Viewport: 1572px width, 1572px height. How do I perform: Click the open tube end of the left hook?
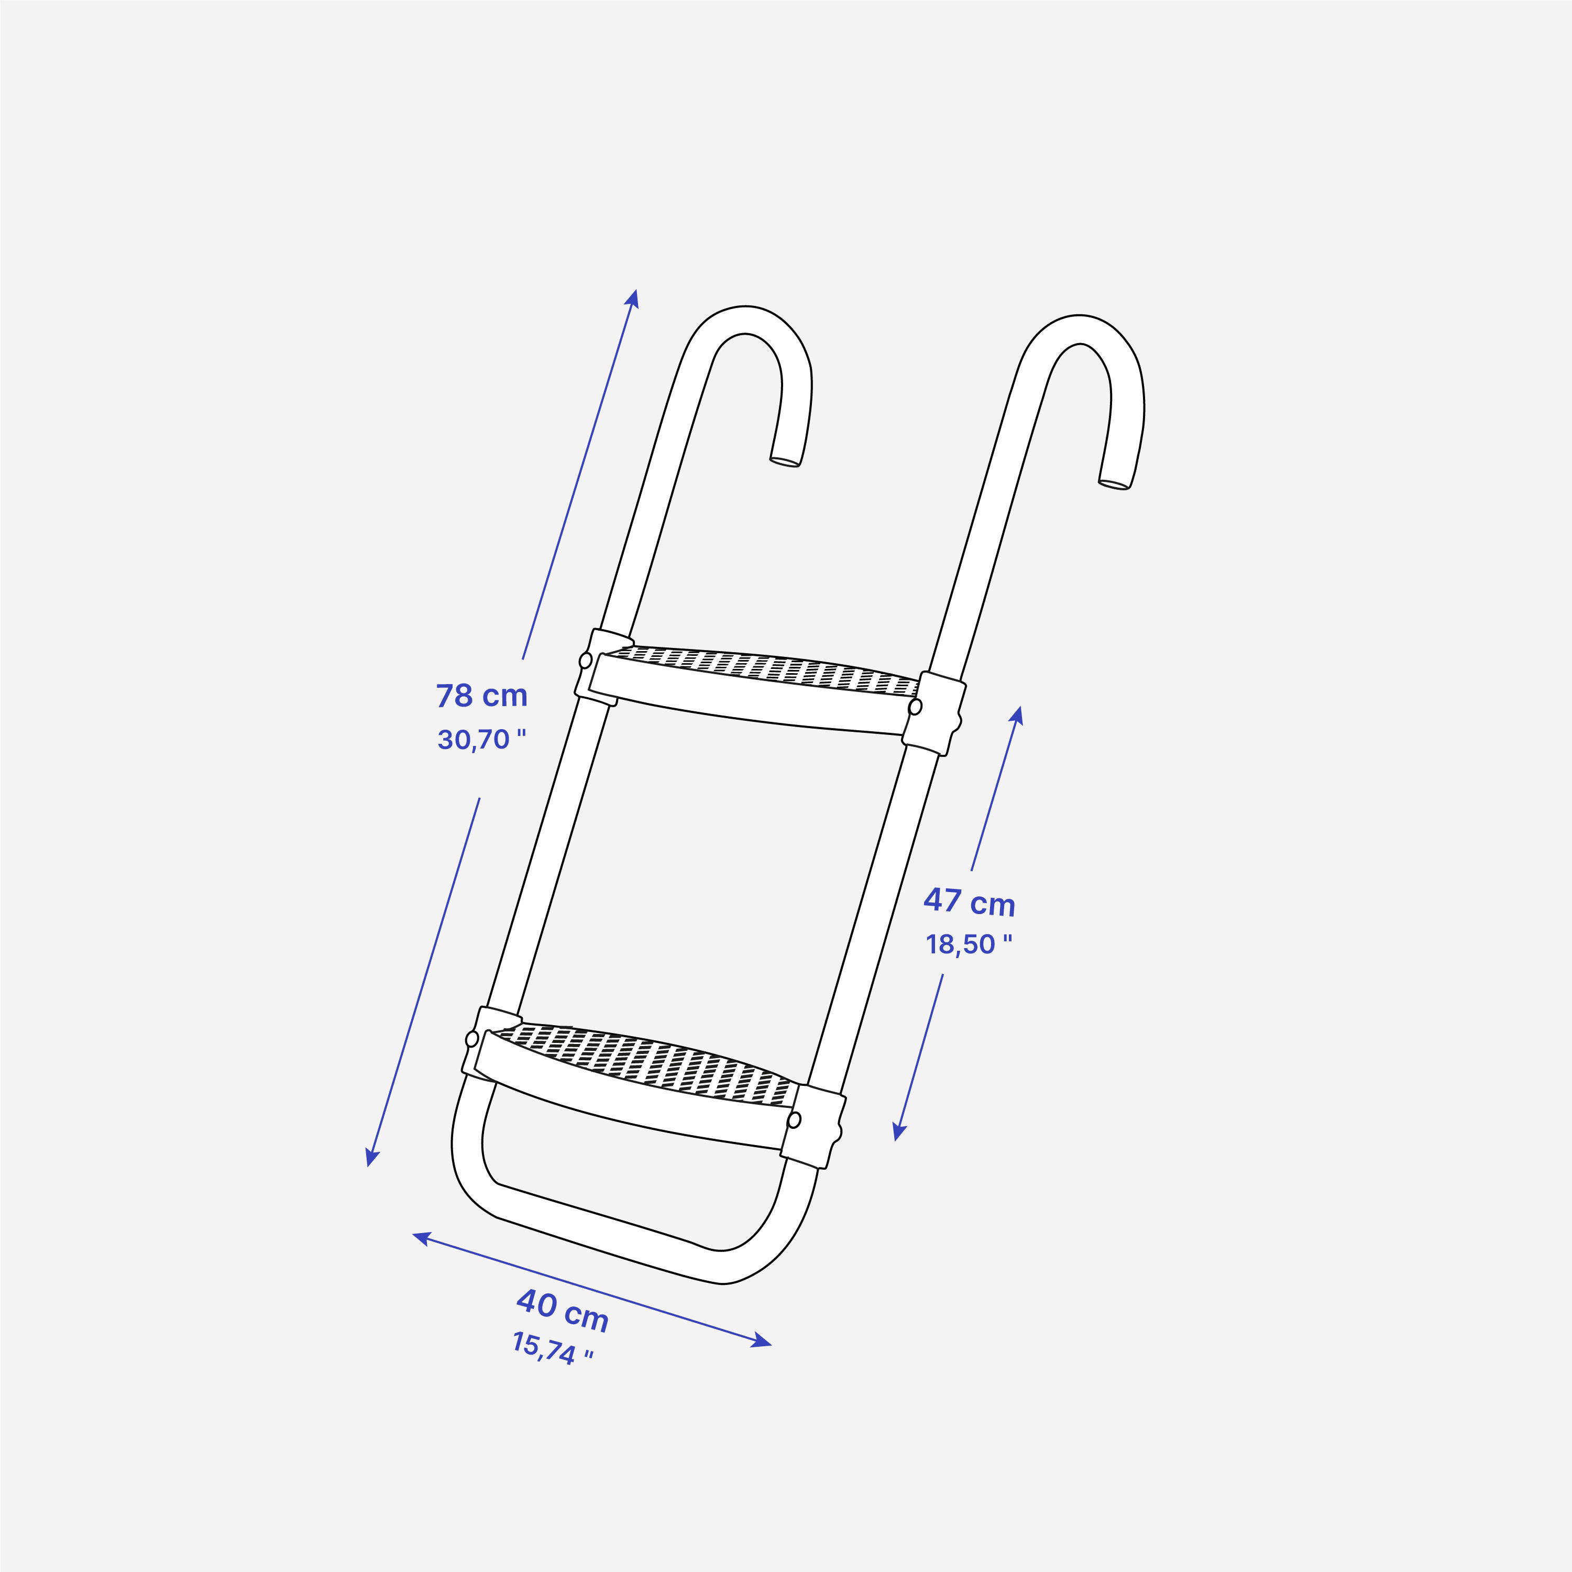click(784, 461)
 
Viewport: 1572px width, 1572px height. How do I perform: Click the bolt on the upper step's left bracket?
click(585, 660)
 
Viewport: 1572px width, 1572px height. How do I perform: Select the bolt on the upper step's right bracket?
click(915, 706)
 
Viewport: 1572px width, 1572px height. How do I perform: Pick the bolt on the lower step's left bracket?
click(472, 1039)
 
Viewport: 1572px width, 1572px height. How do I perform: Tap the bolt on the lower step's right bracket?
click(795, 1120)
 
